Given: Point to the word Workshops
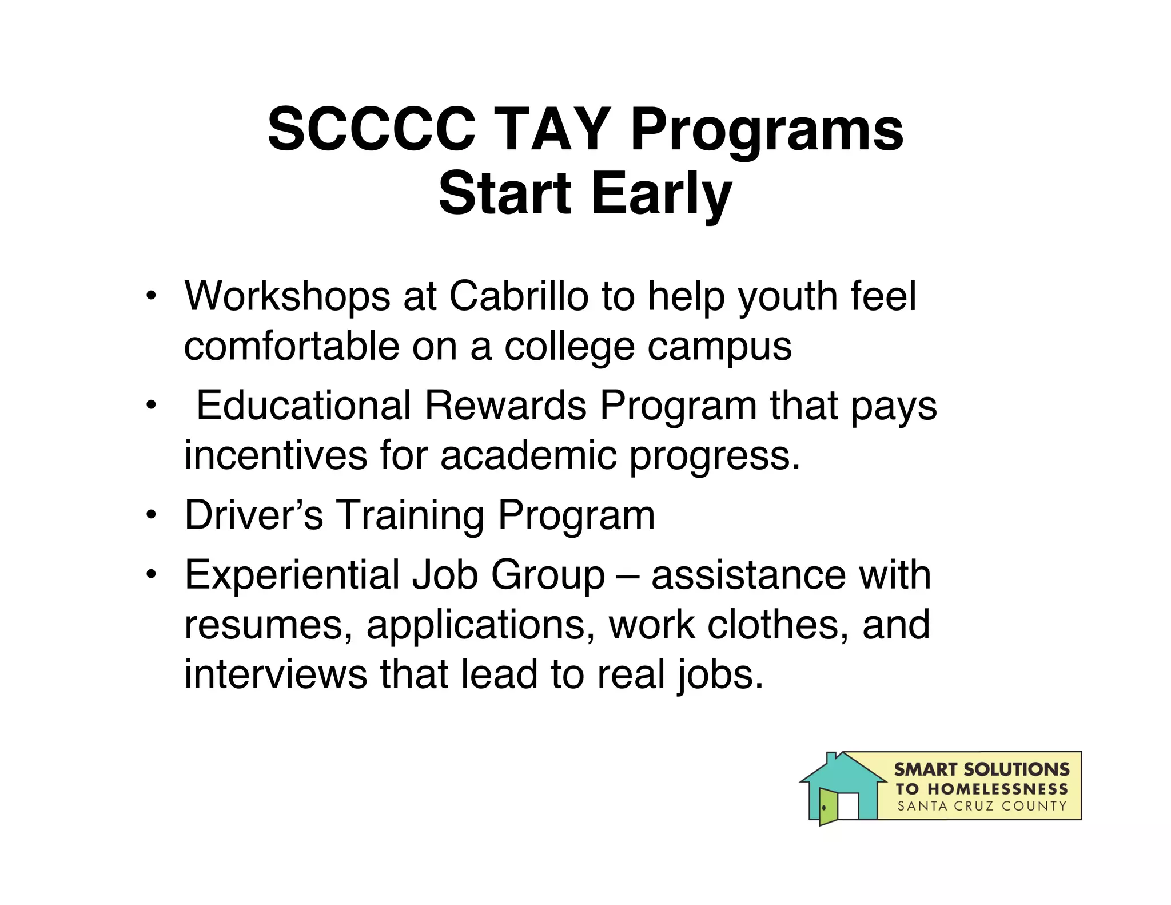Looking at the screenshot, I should [287, 296].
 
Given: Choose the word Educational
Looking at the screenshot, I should [304, 406].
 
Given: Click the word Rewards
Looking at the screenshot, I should [505, 406].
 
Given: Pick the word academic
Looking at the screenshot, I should [529, 455].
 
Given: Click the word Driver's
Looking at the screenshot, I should [253, 515].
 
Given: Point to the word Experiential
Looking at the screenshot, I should [292, 574].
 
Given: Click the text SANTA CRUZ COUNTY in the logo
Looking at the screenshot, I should [982, 807].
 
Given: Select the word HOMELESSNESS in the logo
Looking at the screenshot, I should [997, 789].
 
